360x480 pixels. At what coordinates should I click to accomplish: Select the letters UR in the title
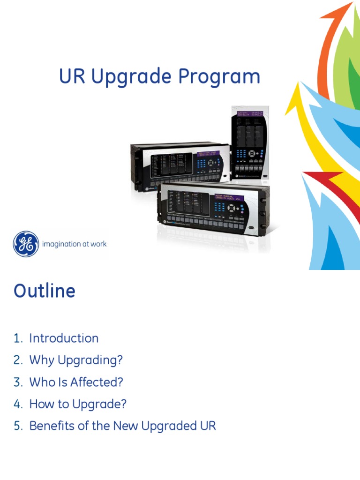click(72, 76)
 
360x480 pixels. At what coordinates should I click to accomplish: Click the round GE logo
click(26, 244)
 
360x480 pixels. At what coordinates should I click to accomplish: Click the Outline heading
click(45, 291)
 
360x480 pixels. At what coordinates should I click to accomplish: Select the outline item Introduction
click(64, 338)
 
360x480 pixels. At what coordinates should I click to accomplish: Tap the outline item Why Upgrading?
click(76, 360)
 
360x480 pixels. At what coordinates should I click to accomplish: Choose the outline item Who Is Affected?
click(76, 382)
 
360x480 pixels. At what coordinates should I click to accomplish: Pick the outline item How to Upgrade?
click(78, 404)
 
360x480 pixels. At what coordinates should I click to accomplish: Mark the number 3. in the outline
click(18, 382)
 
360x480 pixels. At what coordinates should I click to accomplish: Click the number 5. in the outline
click(18, 426)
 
